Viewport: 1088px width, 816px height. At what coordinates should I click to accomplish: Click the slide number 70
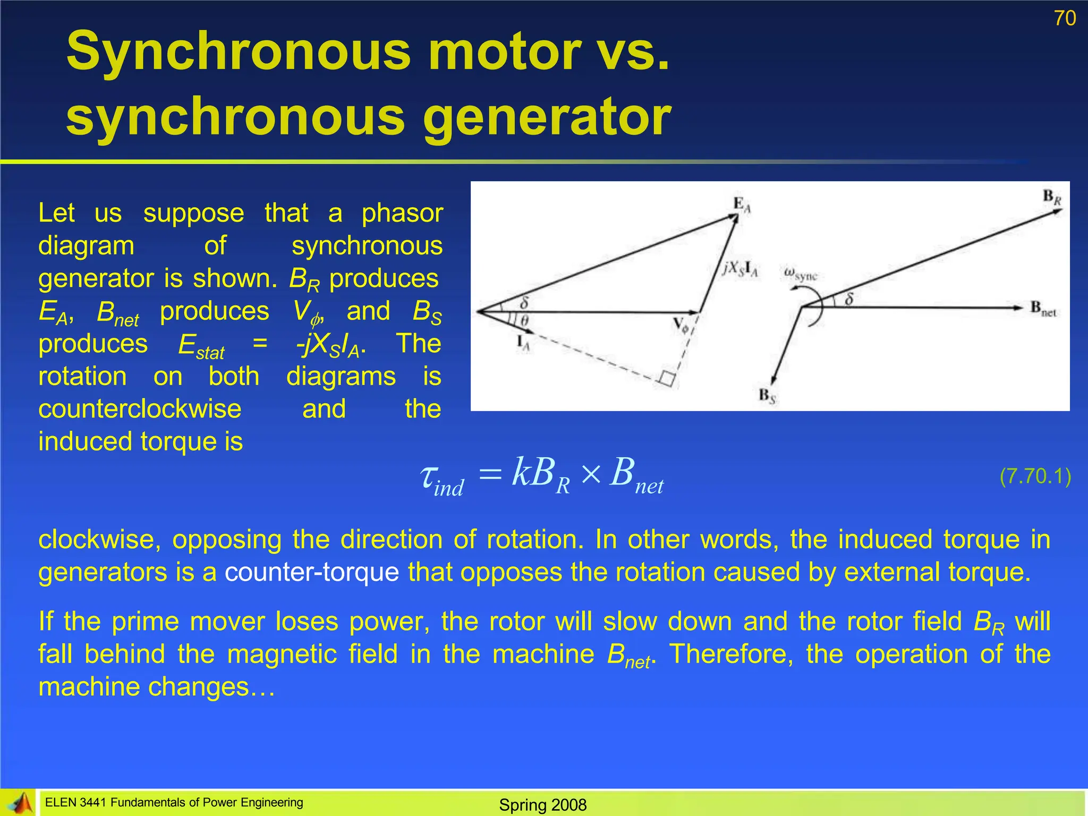point(1065,18)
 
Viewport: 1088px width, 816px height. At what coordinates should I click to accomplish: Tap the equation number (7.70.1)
point(1035,476)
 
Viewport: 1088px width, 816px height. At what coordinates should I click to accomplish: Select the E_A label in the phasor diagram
point(742,205)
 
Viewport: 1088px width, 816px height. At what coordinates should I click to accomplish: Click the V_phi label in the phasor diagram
point(681,325)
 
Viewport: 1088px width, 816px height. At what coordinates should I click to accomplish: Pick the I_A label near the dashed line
point(523,344)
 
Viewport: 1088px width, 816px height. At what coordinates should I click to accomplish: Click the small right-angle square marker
point(667,379)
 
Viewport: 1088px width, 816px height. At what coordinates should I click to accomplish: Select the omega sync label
point(801,274)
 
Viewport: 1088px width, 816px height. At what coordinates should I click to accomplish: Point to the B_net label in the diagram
point(1043,309)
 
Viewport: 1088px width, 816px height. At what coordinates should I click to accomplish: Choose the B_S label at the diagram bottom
point(767,396)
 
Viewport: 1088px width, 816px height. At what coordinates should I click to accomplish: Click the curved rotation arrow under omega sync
point(813,306)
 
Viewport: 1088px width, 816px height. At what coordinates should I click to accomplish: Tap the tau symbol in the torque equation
point(429,475)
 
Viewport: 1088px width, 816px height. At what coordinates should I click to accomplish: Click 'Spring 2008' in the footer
point(542,805)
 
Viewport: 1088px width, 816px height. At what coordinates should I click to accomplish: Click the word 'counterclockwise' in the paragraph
point(140,409)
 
